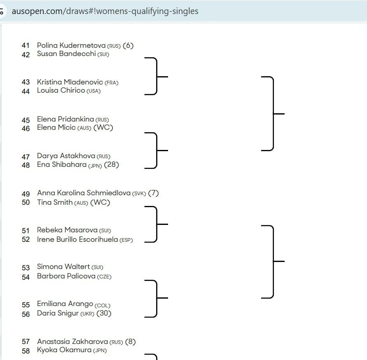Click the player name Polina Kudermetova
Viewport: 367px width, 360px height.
pyautogui.click(x=71, y=45)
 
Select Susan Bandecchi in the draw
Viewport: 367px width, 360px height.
pyautogui.click(x=66, y=54)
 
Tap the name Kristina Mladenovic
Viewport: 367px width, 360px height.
pyautogui.click(x=70, y=82)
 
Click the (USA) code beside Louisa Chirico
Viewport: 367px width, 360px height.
pyautogui.click(x=94, y=91)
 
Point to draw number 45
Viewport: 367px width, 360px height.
pyautogui.click(x=26, y=120)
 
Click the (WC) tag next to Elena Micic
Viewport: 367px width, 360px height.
pyautogui.click(x=103, y=128)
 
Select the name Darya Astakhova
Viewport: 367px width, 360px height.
pyautogui.click(x=66, y=156)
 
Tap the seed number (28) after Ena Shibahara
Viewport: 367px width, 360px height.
pyautogui.click(x=111, y=164)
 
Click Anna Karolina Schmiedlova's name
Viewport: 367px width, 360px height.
pyautogui.click(x=84, y=193)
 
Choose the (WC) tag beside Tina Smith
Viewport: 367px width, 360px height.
pyautogui.click(x=100, y=202)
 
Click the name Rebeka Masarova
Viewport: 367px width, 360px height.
pyautogui.click(x=67, y=230)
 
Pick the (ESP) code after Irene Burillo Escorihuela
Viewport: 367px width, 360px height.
pyautogui.click(x=126, y=240)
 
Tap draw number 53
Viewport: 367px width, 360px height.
pyautogui.click(x=26, y=268)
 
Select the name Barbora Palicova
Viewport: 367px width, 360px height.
pyautogui.click(x=66, y=276)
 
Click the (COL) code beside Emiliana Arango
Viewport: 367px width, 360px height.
pyautogui.click(x=102, y=306)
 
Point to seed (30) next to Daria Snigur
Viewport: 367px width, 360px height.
pyautogui.click(x=104, y=313)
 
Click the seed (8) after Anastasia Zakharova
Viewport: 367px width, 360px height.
pyautogui.click(x=131, y=341)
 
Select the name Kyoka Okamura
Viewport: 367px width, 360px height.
pyautogui.click(x=64, y=350)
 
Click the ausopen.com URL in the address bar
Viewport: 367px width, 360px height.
pyautogui.click(x=105, y=11)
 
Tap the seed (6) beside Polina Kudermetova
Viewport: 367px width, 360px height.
pyautogui.click(x=128, y=45)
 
